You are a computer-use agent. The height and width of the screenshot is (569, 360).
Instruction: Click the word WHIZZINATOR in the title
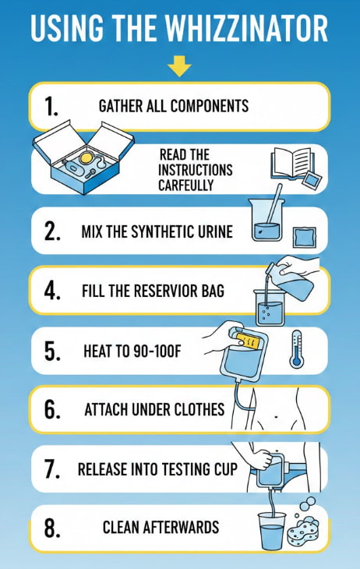click(246, 28)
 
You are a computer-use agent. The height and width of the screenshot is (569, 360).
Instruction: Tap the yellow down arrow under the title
click(179, 66)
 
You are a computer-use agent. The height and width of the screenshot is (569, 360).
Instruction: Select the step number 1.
click(51, 107)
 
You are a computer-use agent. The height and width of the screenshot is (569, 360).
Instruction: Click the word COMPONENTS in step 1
click(210, 106)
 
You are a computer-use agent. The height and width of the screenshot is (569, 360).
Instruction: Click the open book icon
click(291, 164)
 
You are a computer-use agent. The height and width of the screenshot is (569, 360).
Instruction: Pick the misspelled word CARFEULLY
click(185, 185)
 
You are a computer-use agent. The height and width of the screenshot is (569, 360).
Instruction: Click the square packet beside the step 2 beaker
click(304, 237)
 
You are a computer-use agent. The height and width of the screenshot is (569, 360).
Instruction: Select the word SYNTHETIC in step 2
click(157, 231)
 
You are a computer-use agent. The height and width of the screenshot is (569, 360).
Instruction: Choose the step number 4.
click(52, 291)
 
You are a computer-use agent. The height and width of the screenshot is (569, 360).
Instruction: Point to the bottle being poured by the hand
click(290, 281)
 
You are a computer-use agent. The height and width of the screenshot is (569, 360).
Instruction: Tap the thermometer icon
click(296, 349)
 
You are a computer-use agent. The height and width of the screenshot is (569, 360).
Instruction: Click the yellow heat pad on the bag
click(249, 341)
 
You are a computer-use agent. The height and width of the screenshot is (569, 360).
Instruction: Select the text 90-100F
click(157, 351)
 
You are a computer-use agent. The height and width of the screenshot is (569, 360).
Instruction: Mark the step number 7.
click(52, 469)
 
